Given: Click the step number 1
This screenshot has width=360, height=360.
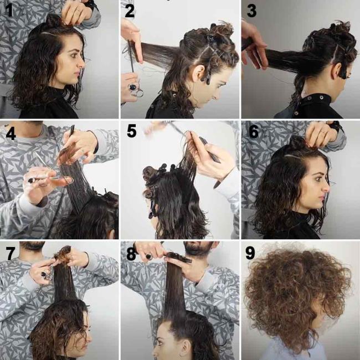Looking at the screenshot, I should click(8, 9).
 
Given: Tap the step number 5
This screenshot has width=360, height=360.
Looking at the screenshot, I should click(131, 131).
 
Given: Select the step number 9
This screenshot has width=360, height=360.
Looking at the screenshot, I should click(250, 253).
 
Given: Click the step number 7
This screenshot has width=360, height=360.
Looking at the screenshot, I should click(9, 252).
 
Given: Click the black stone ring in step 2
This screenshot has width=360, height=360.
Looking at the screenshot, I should click(133, 86).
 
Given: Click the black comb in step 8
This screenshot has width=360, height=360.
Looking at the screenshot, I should click(177, 257).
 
